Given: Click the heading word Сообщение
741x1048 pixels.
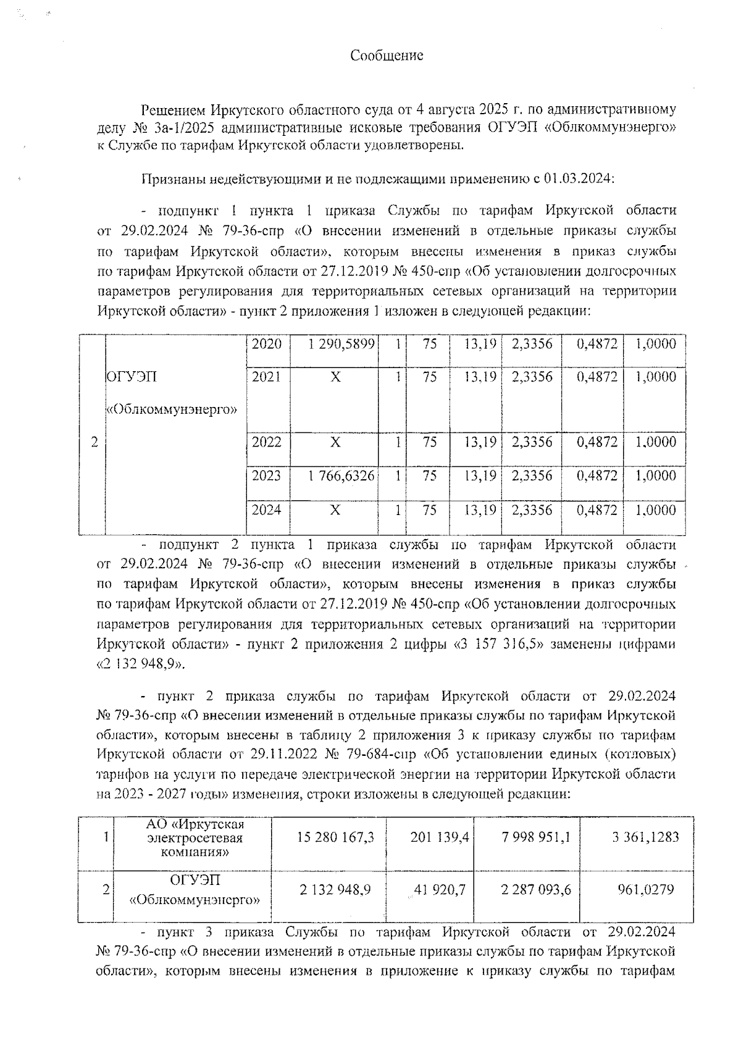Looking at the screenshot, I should click(387, 56).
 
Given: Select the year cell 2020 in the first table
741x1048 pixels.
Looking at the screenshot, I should click(266, 344).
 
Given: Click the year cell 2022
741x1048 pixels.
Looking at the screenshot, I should click(266, 442).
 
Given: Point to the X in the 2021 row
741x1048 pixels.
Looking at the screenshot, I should click(335, 377).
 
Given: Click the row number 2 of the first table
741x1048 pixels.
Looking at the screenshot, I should click(94, 442).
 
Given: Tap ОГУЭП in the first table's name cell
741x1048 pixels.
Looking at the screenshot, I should click(132, 377).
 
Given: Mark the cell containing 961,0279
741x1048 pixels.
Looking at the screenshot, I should click(645, 890).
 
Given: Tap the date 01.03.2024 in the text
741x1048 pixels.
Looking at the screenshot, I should click(577, 179).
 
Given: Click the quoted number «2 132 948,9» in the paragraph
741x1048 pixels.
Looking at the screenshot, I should click(141, 664).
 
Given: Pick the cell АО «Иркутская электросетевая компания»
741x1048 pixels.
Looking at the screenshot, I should click(195, 838).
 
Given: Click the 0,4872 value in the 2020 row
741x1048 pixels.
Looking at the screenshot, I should click(597, 344).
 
